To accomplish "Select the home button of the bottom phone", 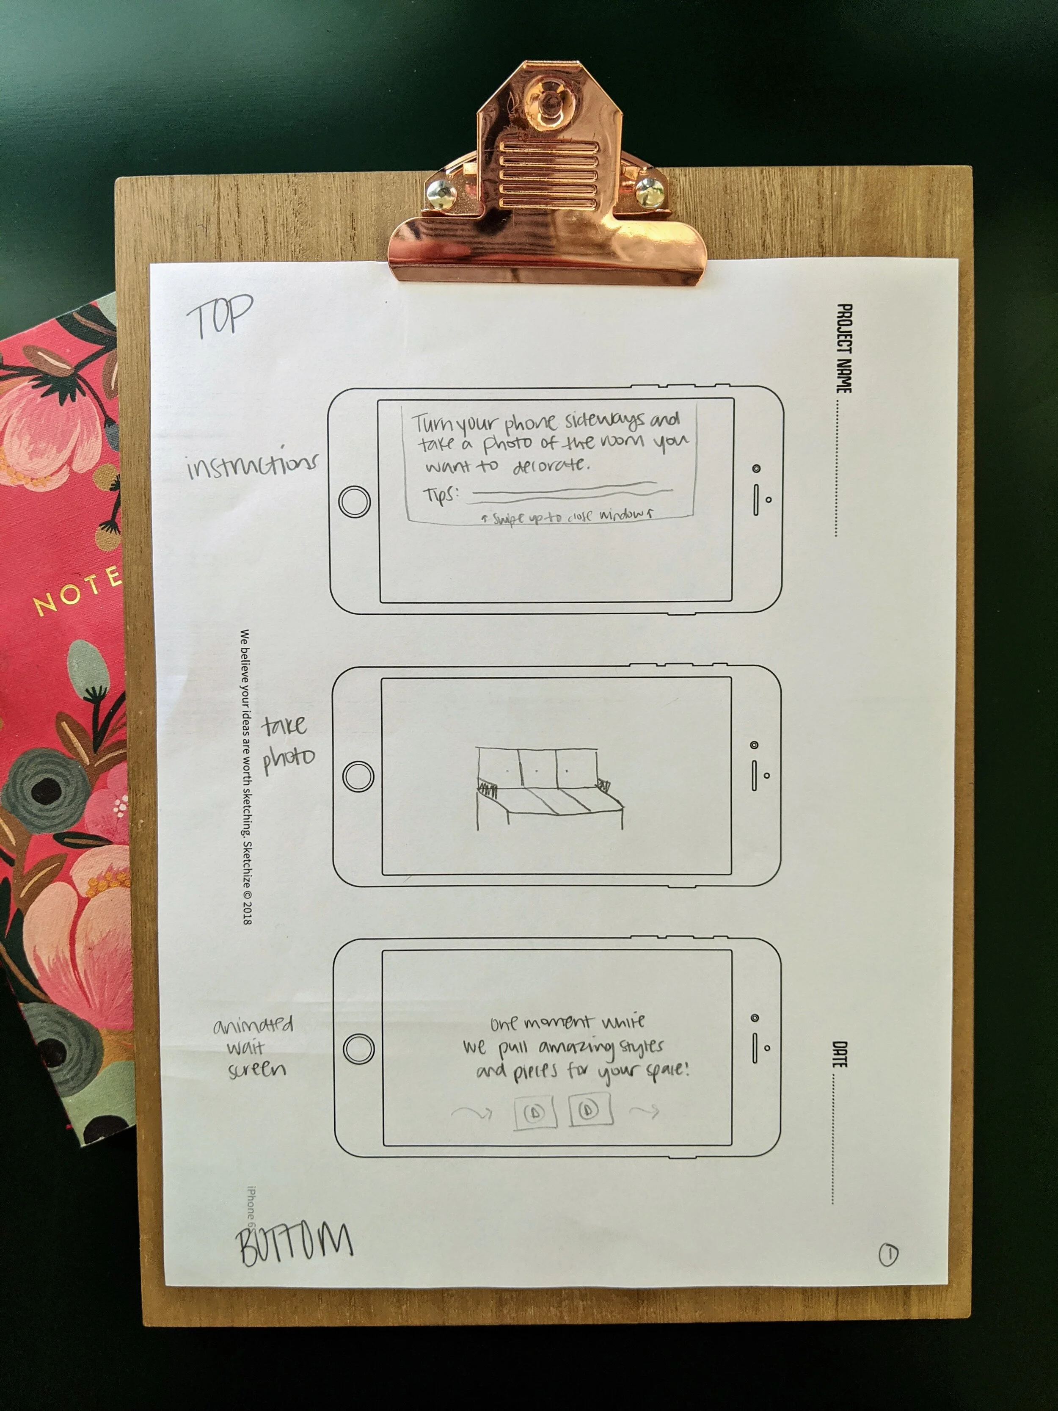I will (x=358, y=1048).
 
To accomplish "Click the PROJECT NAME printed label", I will (x=843, y=348).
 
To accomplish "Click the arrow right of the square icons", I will (x=644, y=1112).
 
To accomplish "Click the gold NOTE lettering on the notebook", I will (x=77, y=592).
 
